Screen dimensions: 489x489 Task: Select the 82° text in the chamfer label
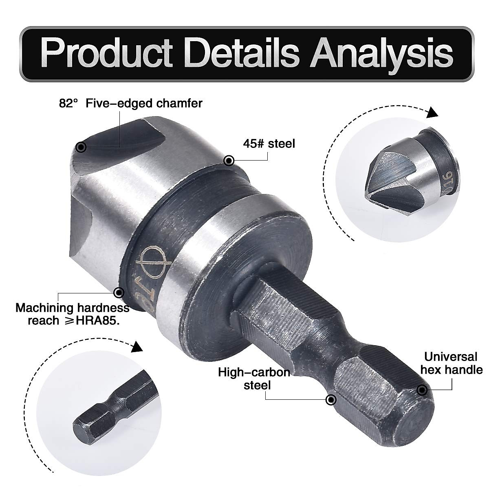click(68, 104)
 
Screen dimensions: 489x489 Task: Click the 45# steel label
click(269, 143)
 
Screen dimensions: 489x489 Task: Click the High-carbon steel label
click(254, 378)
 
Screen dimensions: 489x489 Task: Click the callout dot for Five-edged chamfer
click(81, 147)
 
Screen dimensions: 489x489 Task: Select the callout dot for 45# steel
click(229, 160)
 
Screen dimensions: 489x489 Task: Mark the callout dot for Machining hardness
click(119, 292)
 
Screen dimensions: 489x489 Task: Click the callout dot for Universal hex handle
click(421, 390)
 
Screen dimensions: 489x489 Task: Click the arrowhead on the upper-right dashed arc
click(432, 113)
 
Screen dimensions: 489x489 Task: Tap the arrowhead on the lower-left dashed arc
click(137, 347)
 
